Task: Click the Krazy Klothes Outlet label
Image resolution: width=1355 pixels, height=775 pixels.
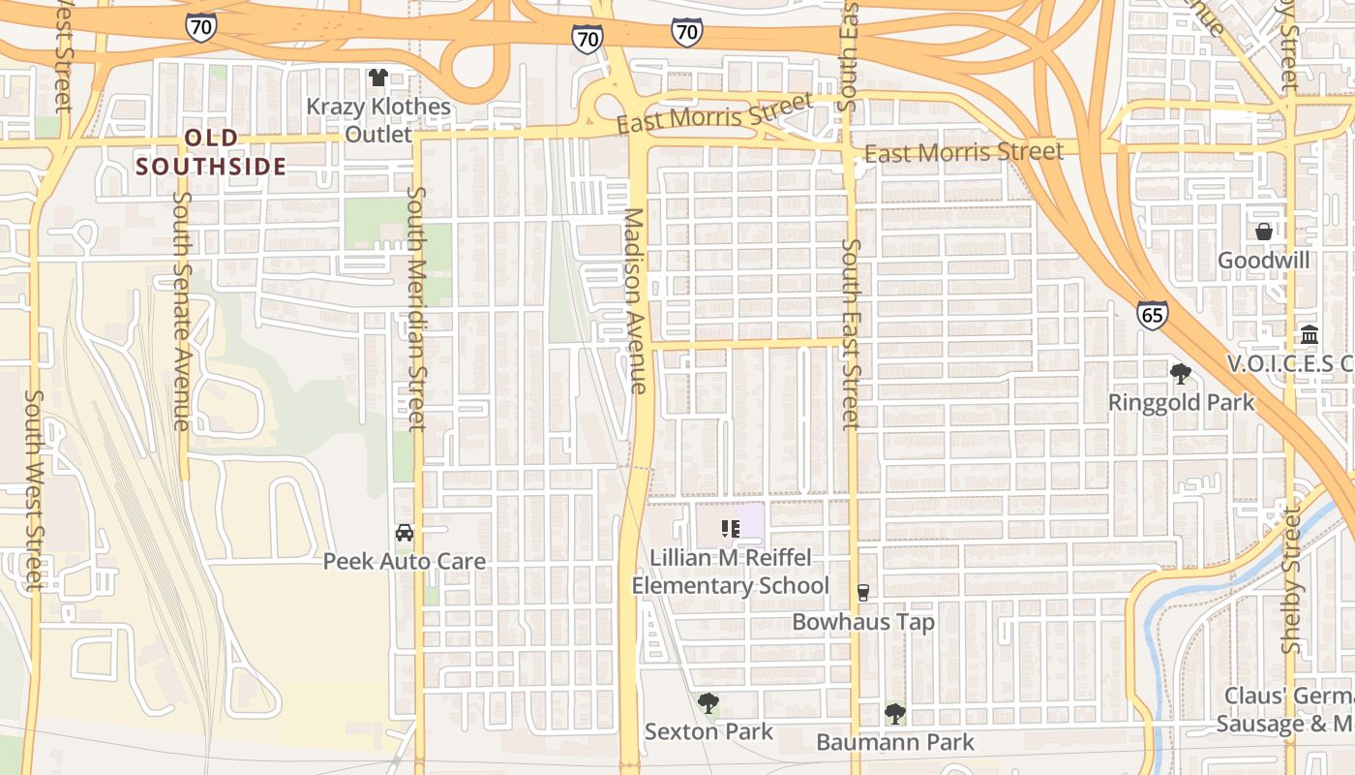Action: (x=378, y=120)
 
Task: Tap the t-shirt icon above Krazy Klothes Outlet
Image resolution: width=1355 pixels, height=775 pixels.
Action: (x=378, y=77)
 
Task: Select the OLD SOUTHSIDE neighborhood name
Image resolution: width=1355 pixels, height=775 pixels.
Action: (x=211, y=152)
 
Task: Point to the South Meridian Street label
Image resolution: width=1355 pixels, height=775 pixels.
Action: (x=416, y=308)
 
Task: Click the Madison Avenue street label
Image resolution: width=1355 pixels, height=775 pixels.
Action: (x=634, y=300)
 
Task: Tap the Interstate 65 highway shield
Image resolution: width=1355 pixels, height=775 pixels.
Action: (x=1152, y=315)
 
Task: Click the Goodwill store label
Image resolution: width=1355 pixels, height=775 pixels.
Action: (x=1263, y=261)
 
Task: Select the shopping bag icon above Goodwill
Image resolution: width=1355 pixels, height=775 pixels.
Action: (x=1263, y=232)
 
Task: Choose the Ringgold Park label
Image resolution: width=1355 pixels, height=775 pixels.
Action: (x=1181, y=402)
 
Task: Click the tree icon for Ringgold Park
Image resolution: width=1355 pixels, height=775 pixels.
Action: (x=1180, y=373)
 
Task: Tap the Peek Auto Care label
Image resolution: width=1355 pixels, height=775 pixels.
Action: (x=404, y=561)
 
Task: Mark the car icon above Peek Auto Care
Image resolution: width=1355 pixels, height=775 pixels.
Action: (x=404, y=533)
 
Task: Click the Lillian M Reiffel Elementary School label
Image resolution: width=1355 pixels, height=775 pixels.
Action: (x=730, y=572)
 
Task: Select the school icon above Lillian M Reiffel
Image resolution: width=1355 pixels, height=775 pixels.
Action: (x=730, y=529)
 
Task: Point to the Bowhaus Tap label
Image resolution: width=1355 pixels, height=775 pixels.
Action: (x=863, y=622)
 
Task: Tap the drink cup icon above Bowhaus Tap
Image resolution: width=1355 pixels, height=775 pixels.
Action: (x=863, y=593)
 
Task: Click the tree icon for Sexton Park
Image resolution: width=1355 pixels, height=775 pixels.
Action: (x=708, y=702)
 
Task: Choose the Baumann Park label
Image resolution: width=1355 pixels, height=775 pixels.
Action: (x=895, y=743)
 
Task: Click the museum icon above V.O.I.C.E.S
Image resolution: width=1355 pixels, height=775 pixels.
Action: (x=1309, y=335)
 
